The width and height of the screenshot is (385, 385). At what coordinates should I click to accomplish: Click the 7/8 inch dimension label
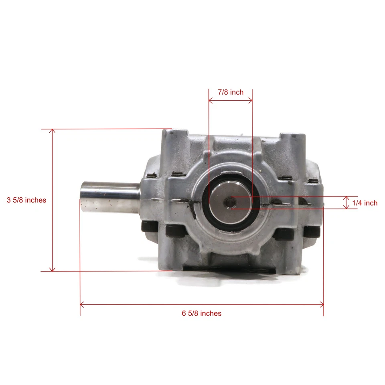pos(231,92)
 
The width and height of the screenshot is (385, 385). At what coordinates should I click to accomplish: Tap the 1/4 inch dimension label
pos(365,203)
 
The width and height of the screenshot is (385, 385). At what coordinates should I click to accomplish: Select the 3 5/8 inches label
pos(26,200)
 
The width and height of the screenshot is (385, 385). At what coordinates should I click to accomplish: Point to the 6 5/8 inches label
pos(202,313)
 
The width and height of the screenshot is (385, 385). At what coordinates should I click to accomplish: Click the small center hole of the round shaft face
pos(230,202)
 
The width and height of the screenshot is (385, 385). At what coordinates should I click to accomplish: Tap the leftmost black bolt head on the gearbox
pos(149,226)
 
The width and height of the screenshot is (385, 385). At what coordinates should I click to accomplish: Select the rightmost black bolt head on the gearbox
pos(312,231)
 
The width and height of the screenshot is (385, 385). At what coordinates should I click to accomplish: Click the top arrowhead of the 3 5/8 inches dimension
pos(52,131)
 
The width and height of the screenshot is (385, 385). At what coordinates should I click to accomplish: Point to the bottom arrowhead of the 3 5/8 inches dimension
pos(52,269)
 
